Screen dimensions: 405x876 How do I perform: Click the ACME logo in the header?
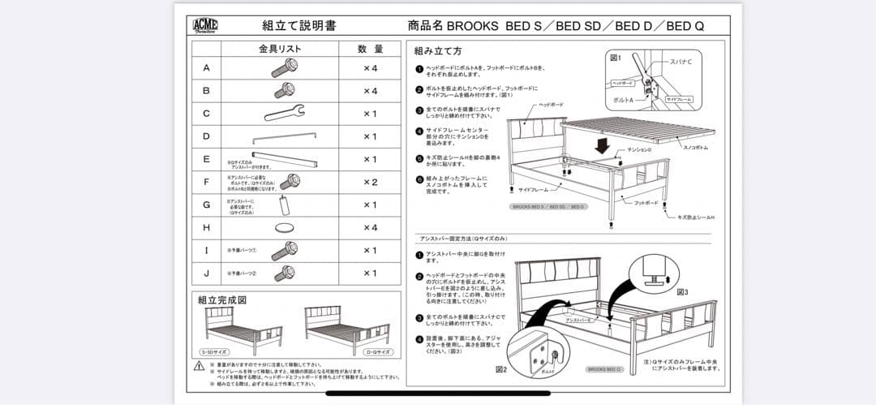point(205,25)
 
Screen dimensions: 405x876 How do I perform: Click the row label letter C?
point(206,114)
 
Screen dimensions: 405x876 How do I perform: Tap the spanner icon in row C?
point(284,113)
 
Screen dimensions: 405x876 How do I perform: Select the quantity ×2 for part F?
point(370,182)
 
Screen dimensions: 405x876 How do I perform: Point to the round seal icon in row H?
point(285,228)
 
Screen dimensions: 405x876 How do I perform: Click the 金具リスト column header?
point(280,49)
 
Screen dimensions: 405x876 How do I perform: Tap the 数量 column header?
point(371,49)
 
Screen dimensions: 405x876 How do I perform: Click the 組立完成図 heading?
point(222,299)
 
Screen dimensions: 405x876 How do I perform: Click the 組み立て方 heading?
point(438,50)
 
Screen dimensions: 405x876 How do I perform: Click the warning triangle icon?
point(199,366)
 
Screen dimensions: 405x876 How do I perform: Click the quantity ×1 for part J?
point(370,274)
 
